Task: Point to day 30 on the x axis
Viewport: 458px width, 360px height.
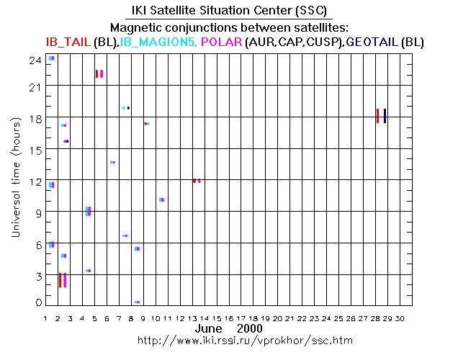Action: (x=400, y=318)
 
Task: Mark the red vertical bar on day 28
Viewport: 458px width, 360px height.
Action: (x=377, y=116)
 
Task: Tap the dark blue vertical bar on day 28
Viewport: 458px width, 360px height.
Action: (x=385, y=116)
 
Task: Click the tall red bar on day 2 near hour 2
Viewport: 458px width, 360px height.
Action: (x=60, y=280)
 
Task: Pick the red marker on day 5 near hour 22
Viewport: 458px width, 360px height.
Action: (x=96, y=73)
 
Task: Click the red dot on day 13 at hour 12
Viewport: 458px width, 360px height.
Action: (x=194, y=181)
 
